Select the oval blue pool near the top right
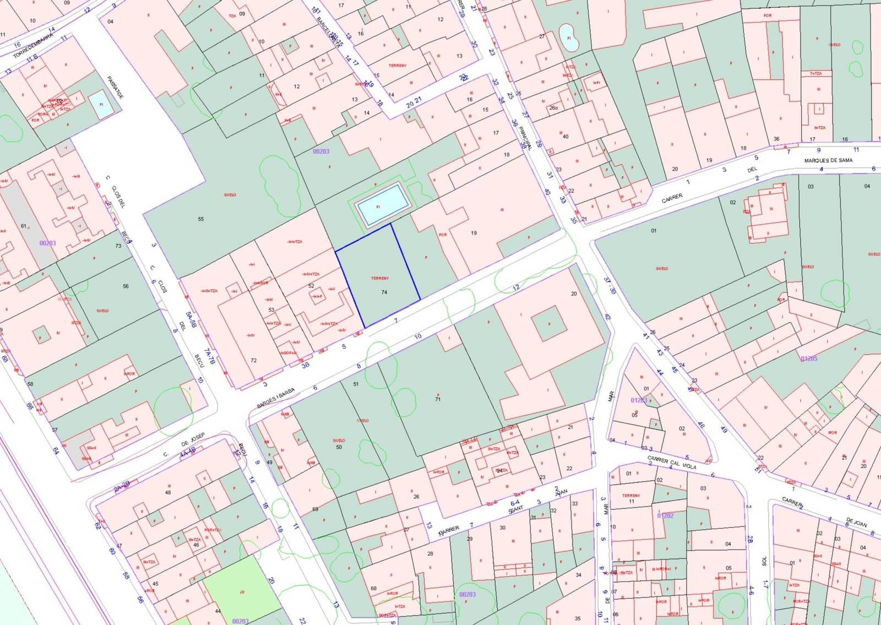click(569, 37)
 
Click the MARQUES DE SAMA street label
click(828, 160)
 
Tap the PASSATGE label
click(116, 86)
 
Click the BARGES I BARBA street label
click(276, 398)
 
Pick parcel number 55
click(200, 219)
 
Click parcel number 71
click(438, 399)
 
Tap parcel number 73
click(118, 246)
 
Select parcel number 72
click(253, 361)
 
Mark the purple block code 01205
click(809, 358)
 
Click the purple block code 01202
click(665, 515)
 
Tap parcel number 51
click(356, 384)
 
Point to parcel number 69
click(315, 509)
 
